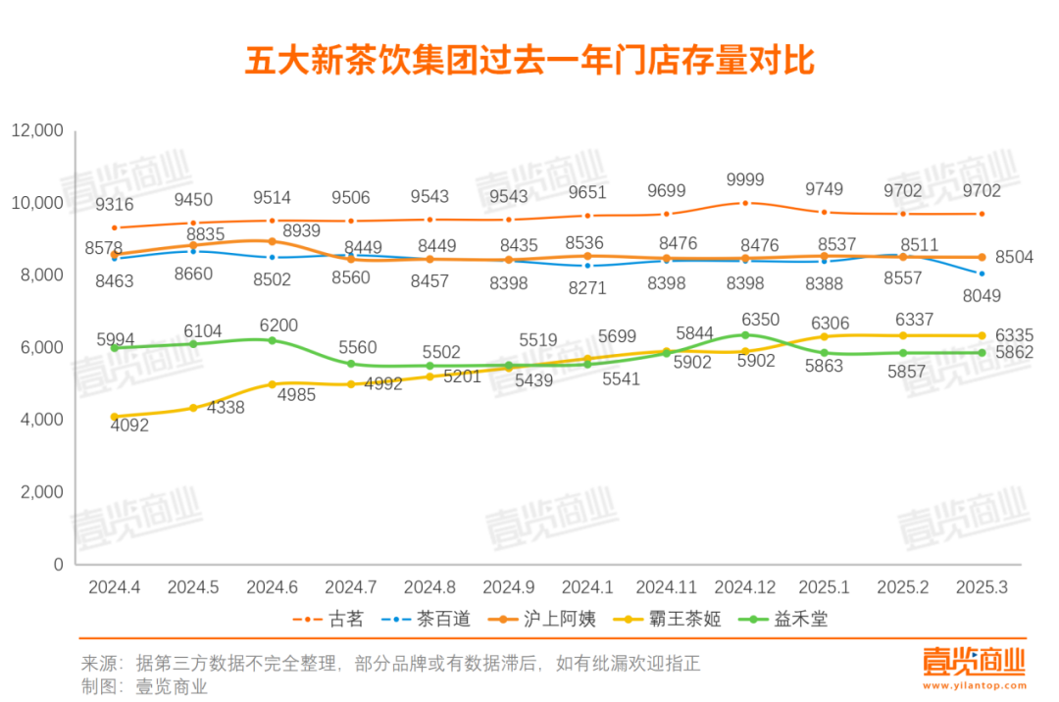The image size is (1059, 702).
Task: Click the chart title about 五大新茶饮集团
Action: (x=529, y=61)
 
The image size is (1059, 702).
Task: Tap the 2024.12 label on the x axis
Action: (x=745, y=587)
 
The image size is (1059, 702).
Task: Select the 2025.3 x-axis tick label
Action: (x=982, y=587)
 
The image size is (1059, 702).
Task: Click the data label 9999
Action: (x=745, y=180)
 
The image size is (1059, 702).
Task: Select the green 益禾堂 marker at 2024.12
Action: (x=745, y=335)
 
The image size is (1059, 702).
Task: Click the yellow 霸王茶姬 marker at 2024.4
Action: (x=115, y=417)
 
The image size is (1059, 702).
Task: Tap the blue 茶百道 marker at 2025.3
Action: (x=982, y=274)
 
